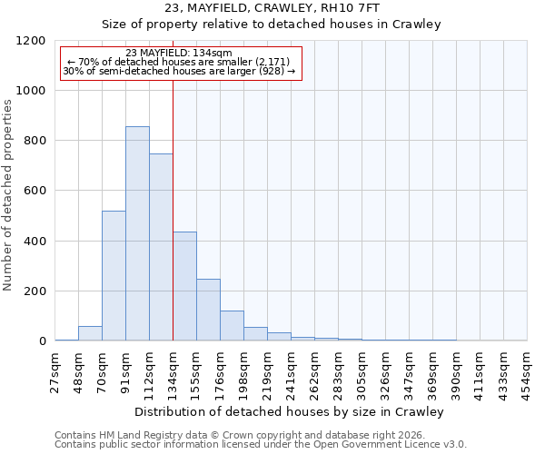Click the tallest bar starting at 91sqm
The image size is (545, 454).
tap(137, 233)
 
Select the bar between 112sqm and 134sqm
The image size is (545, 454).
tap(161, 247)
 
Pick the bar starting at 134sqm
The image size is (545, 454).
tap(184, 286)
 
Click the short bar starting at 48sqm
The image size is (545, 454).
tap(90, 333)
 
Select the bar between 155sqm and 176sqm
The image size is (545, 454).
tap(208, 310)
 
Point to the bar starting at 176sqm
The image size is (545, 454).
tap(232, 325)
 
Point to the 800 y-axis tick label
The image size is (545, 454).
tap(34, 141)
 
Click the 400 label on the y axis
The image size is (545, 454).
tap(34, 242)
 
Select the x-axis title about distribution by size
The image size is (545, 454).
tap(291, 411)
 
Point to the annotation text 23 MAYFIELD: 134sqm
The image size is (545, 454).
tap(179, 54)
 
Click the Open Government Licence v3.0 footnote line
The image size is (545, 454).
tap(261, 444)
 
